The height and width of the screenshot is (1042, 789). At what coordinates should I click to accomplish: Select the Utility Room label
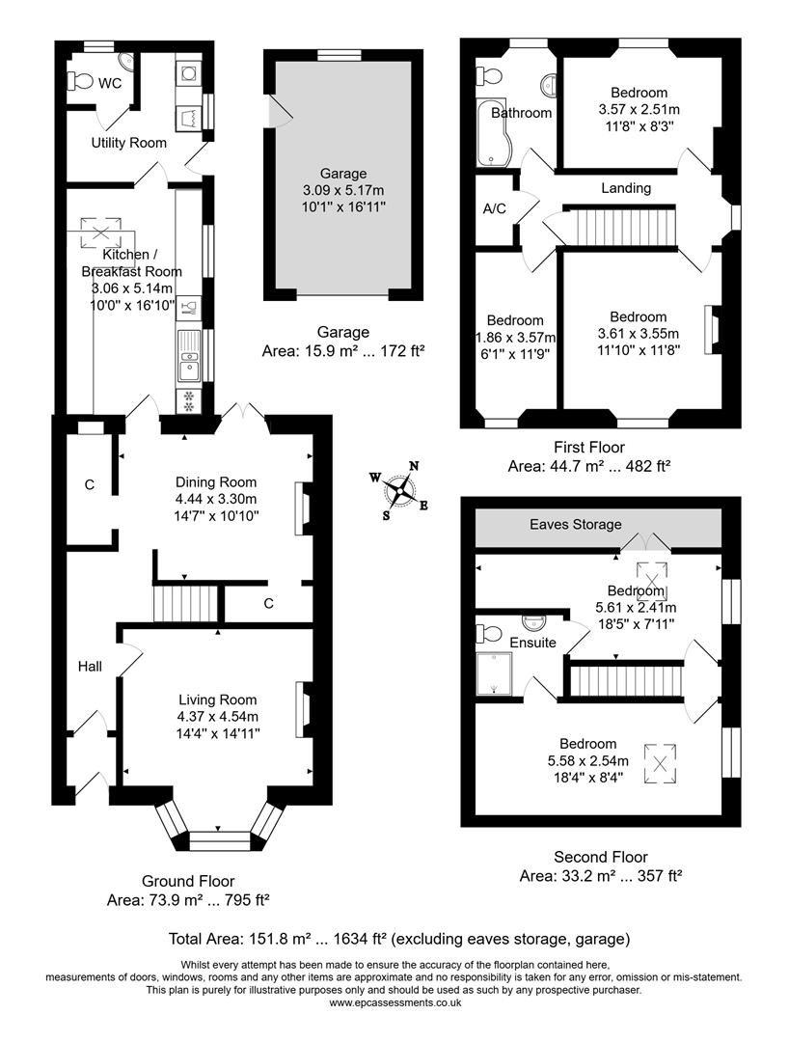[128, 143]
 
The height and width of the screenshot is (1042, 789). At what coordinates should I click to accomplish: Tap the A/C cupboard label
[494, 207]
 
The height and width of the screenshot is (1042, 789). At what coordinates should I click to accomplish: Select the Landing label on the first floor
[626, 188]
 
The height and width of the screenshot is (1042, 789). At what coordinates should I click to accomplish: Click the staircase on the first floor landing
[618, 228]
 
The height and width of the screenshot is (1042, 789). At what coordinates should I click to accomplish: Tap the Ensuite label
[531, 642]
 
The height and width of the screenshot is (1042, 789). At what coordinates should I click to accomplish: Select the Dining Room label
[216, 482]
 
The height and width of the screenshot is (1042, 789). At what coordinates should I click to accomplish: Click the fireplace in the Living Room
[303, 711]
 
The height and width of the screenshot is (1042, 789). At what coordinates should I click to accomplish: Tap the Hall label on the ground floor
[91, 666]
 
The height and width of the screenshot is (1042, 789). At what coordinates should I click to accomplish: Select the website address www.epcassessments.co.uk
[394, 1002]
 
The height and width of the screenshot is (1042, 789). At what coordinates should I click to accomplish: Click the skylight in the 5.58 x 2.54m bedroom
[661, 762]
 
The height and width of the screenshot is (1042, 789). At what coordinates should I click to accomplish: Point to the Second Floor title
[600, 857]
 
